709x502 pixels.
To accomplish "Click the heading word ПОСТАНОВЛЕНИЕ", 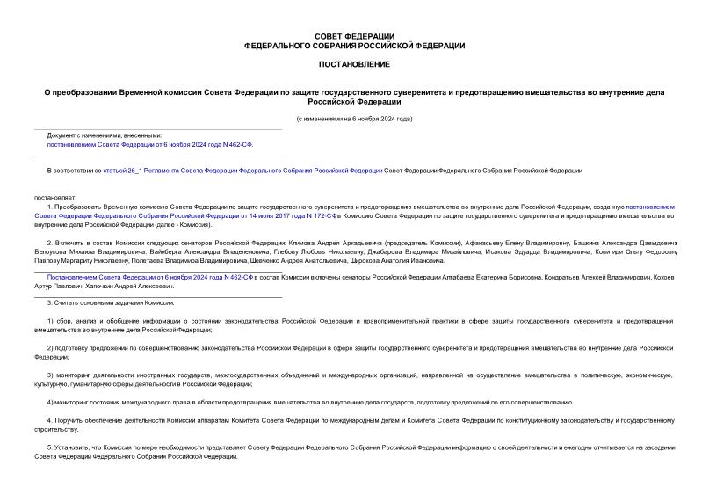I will pyautogui.click(x=354, y=64).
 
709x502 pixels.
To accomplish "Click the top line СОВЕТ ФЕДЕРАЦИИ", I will pyautogui.click(x=354, y=35).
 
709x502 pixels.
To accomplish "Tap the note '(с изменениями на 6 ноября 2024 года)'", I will pyautogui.click(x=354, y=119).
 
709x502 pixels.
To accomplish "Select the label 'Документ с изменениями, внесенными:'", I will pyautogui.click(x=105, y=135).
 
